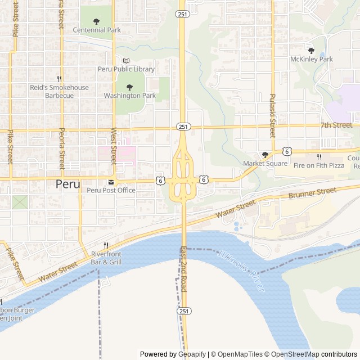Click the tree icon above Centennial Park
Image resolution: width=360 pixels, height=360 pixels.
[x=96, y=21]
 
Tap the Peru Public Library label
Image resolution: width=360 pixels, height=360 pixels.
[x=126, y=69]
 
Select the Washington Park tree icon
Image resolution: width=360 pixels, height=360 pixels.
[x=129, y=87]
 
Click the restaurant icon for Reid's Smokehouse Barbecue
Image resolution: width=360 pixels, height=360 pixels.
[x=59, y=79]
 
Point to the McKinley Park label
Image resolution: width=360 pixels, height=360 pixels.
[x=312, y=59]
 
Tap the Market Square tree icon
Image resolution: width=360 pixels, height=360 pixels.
[x=265, y=155]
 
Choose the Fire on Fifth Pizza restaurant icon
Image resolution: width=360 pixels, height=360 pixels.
[x=319, y=157]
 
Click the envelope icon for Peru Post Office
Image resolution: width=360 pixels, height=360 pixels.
[x=111, y=182]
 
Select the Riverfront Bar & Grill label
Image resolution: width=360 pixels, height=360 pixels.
[x=106, y=258]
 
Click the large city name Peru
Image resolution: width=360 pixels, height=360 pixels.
[x=67, y=184]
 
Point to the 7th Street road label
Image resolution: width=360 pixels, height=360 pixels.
[x=336, y=125]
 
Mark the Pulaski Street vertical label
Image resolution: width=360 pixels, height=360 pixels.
[x=272, y=116]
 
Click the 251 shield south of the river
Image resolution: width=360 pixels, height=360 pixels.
[x=183, y=311]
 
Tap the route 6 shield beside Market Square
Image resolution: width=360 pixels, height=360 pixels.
[x=287, y=151]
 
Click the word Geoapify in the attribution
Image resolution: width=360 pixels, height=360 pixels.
[x=192, y=354]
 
